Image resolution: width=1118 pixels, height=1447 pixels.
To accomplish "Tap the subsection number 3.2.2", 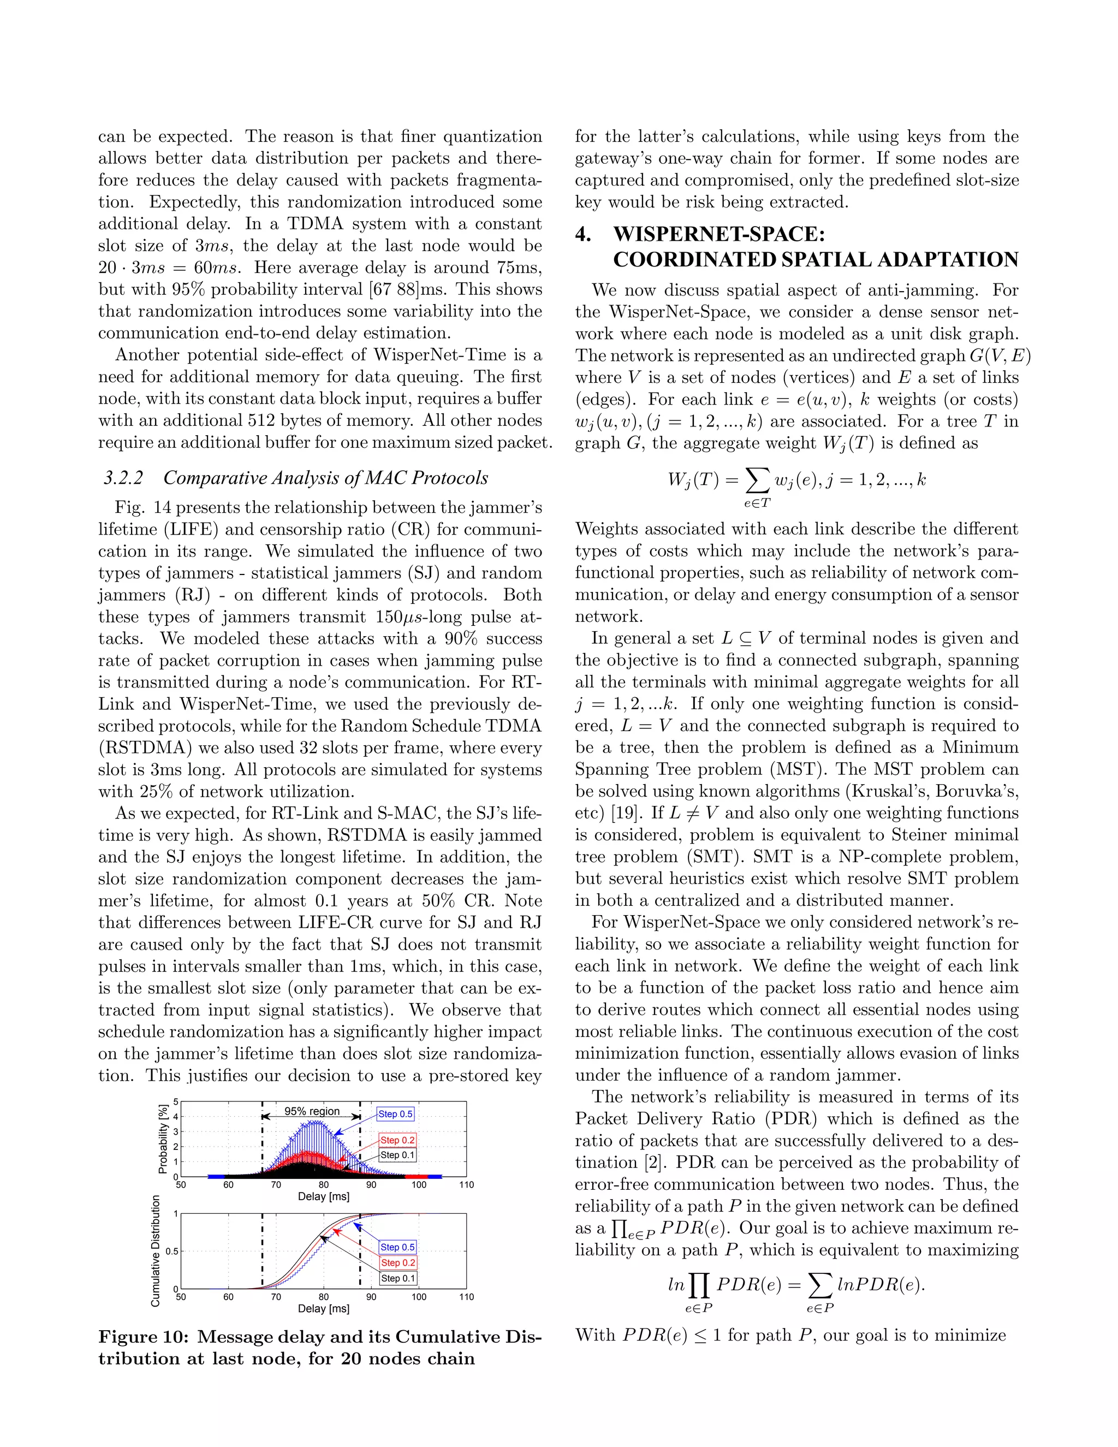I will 123,478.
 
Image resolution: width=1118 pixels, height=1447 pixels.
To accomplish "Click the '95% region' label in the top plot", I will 312,1111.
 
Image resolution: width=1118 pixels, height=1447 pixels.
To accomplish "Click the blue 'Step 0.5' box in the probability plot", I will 395,1114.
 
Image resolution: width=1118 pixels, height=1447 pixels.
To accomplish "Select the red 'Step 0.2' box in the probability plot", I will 397,1140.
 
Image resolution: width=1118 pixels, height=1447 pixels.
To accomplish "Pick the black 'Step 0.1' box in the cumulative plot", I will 398,1278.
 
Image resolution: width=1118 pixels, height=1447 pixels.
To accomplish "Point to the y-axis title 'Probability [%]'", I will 162,1138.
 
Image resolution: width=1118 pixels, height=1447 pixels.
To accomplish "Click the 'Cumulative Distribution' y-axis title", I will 156,1251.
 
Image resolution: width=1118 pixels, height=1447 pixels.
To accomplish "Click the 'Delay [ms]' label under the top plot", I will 323,1196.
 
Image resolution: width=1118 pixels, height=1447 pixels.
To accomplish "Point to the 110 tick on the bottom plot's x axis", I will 466,1297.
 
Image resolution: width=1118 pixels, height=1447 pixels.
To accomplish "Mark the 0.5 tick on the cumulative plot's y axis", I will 171,1252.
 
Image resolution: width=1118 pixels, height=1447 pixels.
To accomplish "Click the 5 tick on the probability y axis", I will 176,1102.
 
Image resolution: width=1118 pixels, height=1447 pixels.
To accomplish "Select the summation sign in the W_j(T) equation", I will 758,482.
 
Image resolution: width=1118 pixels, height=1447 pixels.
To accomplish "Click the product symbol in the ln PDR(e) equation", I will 698,1286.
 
